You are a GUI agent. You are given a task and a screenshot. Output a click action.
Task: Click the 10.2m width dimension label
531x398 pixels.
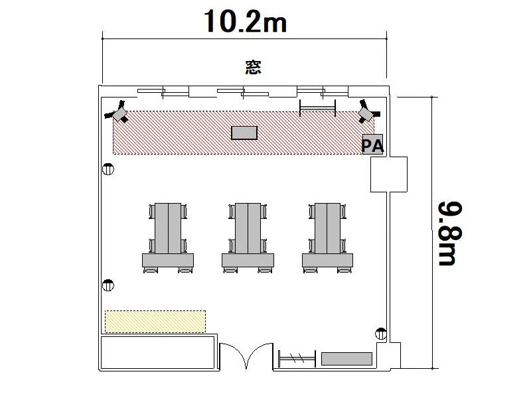point(246,22)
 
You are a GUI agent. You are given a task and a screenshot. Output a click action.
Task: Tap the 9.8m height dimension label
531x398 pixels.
point(451,233)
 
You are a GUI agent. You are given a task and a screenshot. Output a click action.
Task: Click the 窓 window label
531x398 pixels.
point(254,67)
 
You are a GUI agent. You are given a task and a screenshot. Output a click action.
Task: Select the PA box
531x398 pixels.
point(372,145)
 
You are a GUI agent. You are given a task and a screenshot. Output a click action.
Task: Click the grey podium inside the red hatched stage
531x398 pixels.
point(244,133)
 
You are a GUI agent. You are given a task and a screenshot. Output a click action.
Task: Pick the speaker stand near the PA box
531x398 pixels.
point(368,111)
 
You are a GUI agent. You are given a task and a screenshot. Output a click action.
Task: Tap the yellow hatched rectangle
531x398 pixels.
point(155,322)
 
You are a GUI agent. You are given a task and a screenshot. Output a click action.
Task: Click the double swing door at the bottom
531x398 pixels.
point(246,356)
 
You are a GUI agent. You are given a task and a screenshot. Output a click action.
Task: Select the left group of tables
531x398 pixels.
point(168,238)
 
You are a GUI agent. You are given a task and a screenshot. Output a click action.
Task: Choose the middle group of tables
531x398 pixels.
point(248,238)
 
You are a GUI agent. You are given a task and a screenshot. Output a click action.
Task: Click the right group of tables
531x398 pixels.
point(327,238)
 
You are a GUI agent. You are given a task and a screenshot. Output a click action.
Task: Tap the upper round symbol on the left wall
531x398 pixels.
point(108,169)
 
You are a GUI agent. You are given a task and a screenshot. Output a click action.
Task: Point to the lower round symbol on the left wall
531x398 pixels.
point(108,285)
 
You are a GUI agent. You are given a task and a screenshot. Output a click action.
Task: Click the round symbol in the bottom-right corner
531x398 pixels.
point(381,334)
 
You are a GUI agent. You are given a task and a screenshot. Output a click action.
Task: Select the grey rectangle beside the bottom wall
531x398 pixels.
point(346,359)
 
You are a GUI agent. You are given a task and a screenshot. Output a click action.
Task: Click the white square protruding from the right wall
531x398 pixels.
point(389,174)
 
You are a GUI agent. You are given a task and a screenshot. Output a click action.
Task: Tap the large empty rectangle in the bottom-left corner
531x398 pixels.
point(158,352)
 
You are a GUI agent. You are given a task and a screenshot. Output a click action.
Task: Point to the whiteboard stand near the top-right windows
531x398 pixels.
point(318,108)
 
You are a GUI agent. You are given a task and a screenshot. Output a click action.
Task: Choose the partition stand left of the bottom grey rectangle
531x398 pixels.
point(297,358)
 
